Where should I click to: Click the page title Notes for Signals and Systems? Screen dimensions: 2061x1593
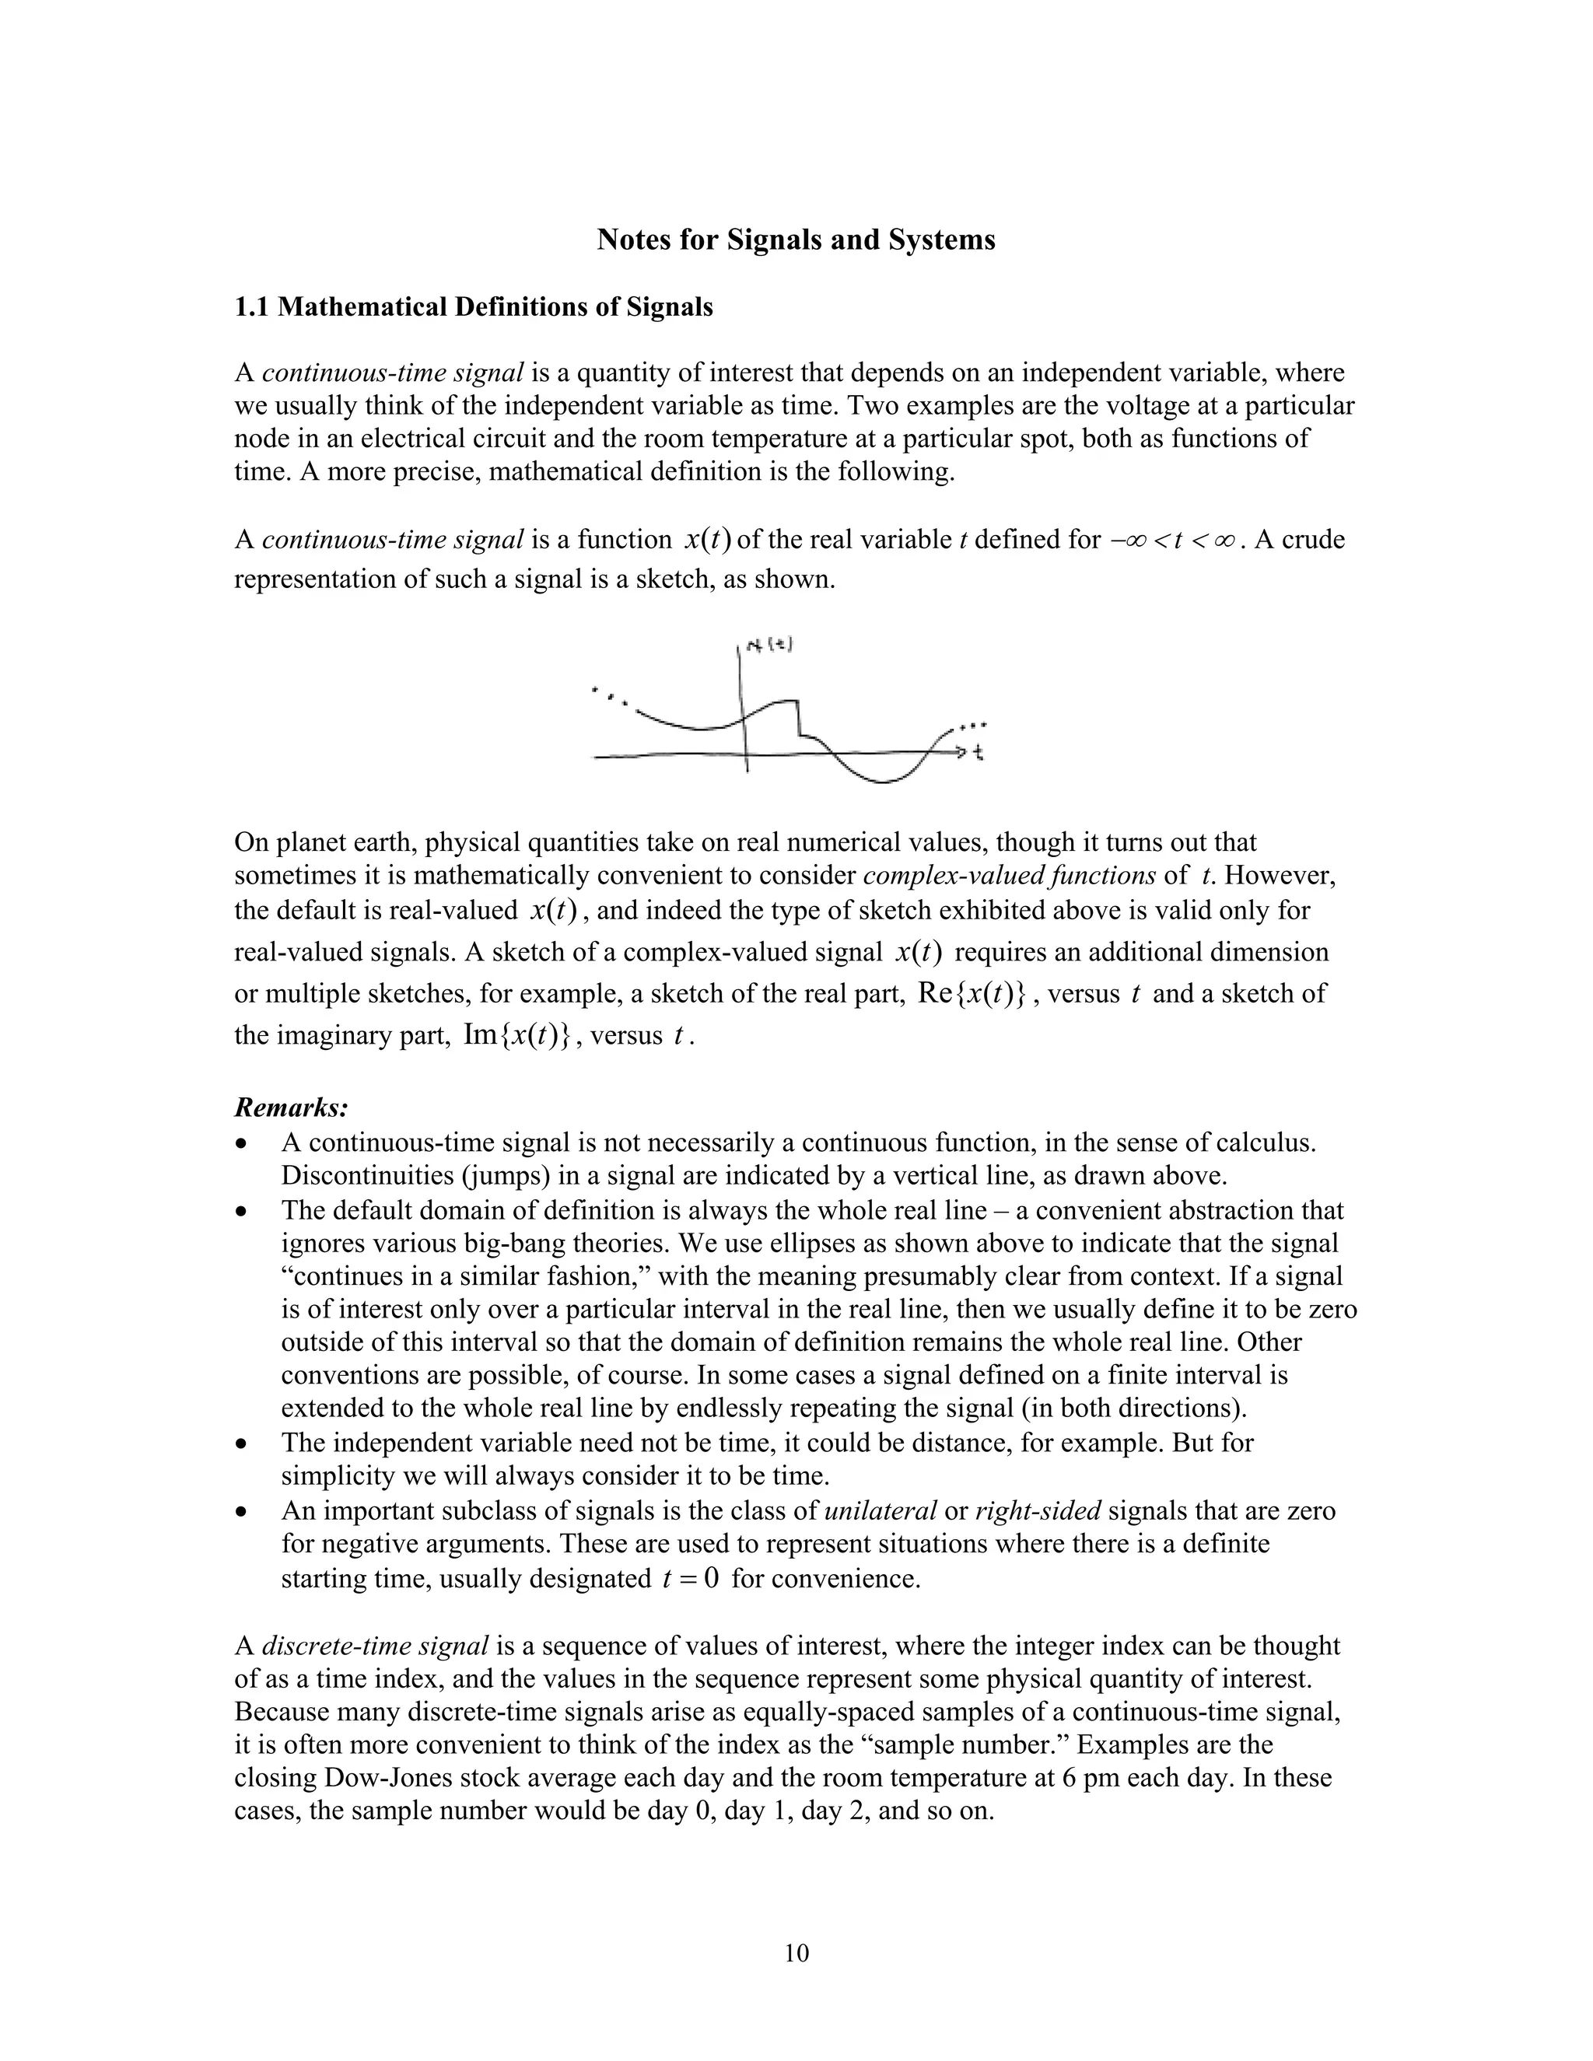coord(796,240)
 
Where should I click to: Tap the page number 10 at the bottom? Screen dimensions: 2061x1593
coord(796,1952)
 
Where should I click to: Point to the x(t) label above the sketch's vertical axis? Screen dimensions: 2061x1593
coord(769,646)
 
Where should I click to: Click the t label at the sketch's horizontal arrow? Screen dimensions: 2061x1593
coord(979,752)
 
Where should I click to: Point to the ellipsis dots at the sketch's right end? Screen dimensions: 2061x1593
coord(972,726)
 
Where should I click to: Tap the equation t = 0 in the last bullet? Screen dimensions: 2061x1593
coord(690,1579)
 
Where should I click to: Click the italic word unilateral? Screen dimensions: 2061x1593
coord(881,1511)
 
